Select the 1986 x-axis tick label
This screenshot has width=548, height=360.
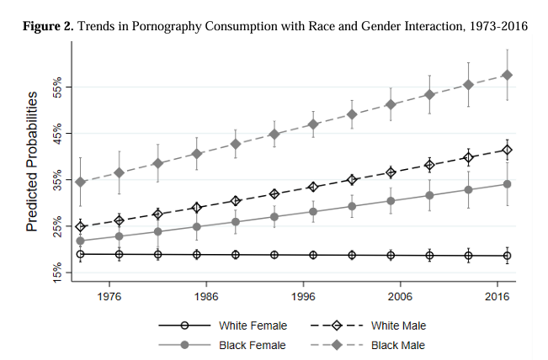coord(206,297)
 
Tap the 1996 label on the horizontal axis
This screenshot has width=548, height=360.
coord(303,297)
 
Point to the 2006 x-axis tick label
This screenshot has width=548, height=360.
coord(400,297)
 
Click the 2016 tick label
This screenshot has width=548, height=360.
coord(497,297)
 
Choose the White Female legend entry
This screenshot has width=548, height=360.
coord(253,325)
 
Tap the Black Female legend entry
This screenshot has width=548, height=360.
coord(253,345)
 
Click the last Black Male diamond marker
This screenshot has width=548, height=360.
coord(507,75)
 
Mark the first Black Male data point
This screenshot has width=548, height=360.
coord(80,182)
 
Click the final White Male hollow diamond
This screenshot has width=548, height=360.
coord(507,150)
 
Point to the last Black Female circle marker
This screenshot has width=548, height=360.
coord(507,183)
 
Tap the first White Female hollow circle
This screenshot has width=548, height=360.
coord(80,254)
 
